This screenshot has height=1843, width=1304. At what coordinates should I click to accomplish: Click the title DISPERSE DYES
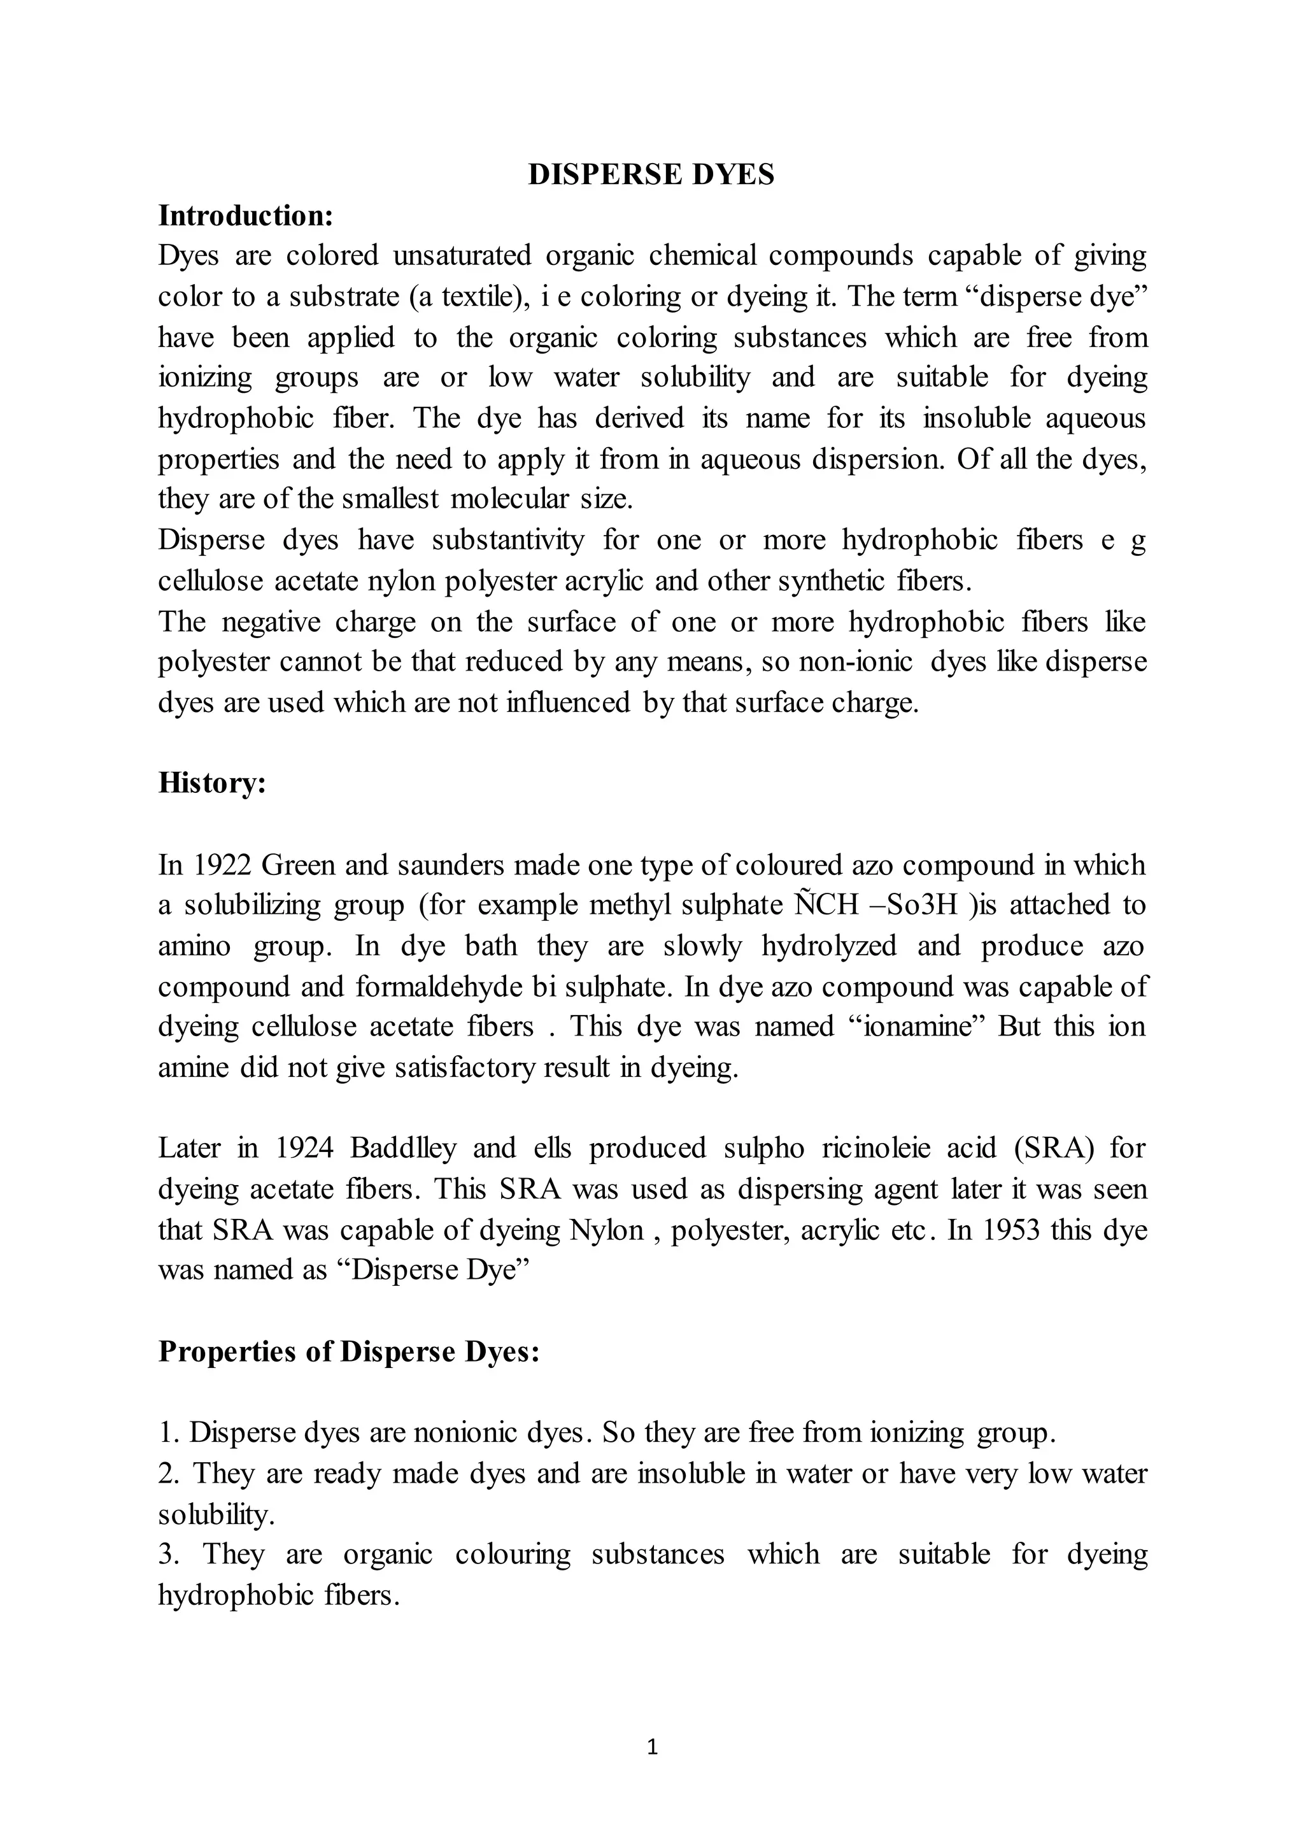[x=651, y=175]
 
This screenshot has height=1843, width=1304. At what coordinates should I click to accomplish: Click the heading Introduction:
[x=246, y=216]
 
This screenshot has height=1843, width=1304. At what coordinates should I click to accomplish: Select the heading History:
[x=212, y=783]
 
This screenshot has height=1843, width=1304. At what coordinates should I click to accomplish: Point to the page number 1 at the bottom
[x=652, y=1747]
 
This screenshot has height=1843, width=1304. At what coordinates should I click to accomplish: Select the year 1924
[x=304, y=1148]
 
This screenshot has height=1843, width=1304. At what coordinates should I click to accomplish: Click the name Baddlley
[x=403, y=1148]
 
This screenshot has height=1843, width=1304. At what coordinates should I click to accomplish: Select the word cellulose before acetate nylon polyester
[x=210, y=581]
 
